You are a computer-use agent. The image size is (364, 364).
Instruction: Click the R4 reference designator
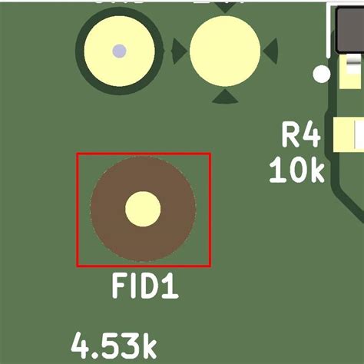click(300, 137)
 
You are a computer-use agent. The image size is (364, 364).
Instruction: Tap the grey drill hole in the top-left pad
click(118, 51)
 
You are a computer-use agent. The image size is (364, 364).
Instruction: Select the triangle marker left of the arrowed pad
click(179, 51)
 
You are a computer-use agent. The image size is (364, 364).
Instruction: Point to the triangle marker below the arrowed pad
click(224, 95)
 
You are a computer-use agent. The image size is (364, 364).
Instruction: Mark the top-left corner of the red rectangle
click(77, 154)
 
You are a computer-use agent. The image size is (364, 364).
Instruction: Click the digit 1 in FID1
click(170, 286)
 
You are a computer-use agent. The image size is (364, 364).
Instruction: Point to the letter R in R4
click(291, 137)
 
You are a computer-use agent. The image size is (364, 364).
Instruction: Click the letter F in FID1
click(119, 286)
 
